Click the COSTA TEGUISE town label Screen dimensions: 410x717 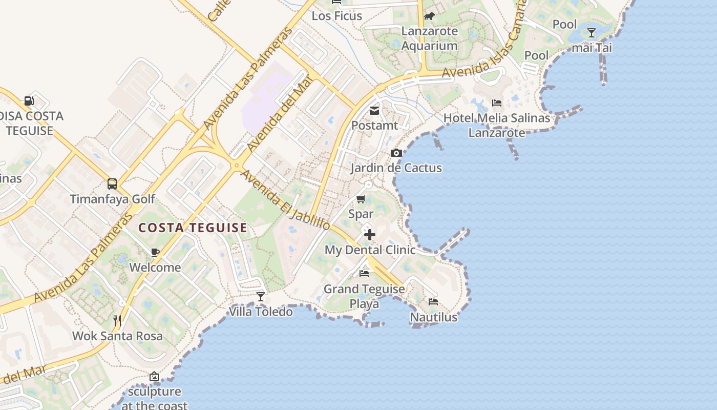193,228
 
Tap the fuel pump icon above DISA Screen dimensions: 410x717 29,101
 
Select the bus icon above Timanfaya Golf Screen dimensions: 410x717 112,183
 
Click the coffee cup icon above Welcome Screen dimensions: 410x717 155,252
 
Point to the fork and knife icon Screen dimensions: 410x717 117,321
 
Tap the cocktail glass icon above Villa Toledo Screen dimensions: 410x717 261,296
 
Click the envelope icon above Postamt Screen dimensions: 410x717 374,110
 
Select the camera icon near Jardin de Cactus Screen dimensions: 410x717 396,153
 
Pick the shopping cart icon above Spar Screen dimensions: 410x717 361,199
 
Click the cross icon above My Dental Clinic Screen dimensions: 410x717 370,235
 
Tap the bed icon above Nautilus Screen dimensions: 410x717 433,302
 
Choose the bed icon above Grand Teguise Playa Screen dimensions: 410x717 364,274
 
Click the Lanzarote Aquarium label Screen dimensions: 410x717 429,38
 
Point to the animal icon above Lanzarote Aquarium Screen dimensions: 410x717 429,16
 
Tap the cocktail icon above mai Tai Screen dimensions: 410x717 592,33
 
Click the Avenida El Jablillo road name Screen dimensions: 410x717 285,199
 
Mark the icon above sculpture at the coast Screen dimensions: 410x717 154,377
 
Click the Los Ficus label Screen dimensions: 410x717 337,16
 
